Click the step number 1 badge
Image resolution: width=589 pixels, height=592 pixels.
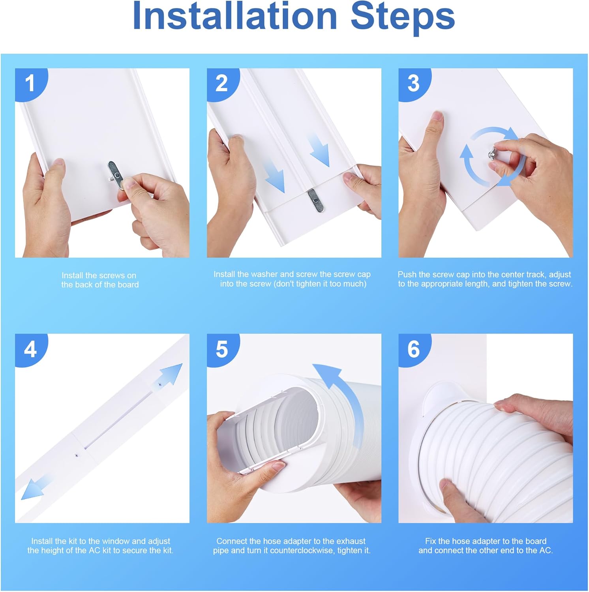coord(30,83)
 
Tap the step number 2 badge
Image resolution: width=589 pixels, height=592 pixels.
coord(221,83)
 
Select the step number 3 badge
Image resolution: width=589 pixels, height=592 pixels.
coord(413,83)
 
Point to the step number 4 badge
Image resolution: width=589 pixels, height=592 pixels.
coord(30,349)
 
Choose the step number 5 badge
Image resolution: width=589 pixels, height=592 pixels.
coord(221,349)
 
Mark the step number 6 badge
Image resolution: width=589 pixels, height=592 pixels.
coord(413,349)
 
